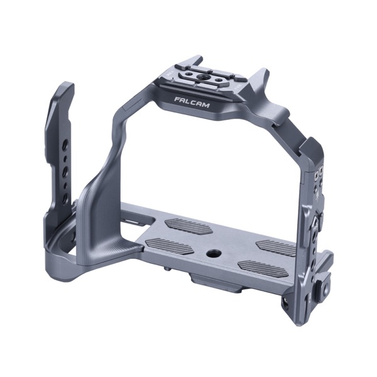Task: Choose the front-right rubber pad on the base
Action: coord(264,269)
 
